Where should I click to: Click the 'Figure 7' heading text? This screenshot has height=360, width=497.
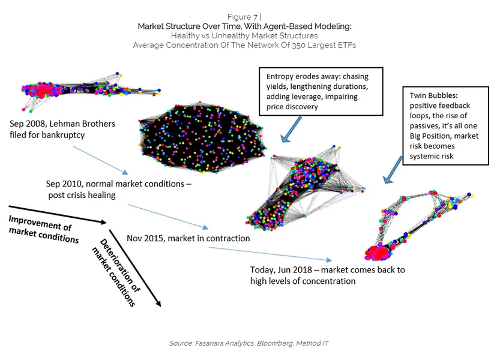[x=242, y=17]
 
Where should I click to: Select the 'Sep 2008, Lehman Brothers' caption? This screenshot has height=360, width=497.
[x=62, y=124]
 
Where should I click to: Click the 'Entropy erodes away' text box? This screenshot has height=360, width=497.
[x=321, y=91]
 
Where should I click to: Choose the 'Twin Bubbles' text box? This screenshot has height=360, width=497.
[x=445, y=125]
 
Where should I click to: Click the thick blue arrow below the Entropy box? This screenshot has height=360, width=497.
[x=291, y=129]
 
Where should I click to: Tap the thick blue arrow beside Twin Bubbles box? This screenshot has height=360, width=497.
[x=393, y=170]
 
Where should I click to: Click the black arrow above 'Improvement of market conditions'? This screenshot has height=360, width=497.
[x=58, y=215]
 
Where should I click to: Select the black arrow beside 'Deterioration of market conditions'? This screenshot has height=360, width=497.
[x=135, y=268]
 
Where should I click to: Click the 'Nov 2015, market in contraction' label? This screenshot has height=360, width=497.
[x=188, y=238]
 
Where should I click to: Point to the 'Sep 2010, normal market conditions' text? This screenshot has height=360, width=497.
[x=118, y=184]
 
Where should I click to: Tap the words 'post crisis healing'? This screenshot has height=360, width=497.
[x=82, y=195]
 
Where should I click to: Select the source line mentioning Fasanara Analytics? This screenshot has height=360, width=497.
[x=249, y=343]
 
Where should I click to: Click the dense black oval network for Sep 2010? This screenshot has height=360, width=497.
[x=203, y=137]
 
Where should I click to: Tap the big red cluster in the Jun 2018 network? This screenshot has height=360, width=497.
[x=378, y=253]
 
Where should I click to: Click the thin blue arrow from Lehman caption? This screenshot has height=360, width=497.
[x=100, y=160]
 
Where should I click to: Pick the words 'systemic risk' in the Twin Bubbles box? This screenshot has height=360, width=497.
[x=432, y=156]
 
